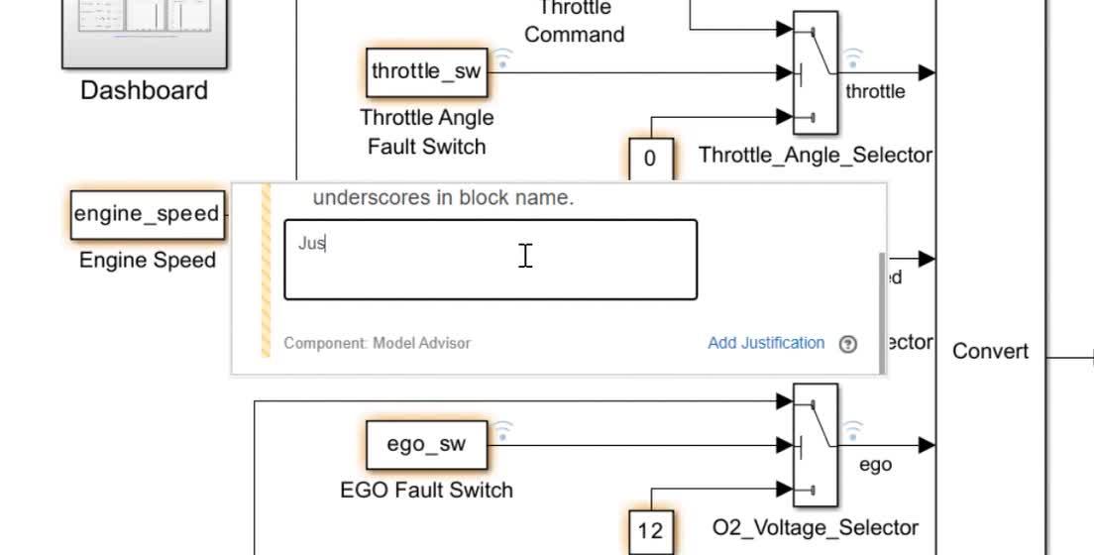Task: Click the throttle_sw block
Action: tap(426, 71)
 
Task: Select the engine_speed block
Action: tap(148, 215)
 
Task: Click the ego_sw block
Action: tap(426, 444)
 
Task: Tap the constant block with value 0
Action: tap(650, 159)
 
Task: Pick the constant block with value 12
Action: tap(650, 530)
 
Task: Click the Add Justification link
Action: tap(765, 343)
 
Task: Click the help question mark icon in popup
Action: tap(847, 344)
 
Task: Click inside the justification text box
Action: tap(491, 260)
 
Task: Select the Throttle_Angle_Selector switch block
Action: tap(816, 72)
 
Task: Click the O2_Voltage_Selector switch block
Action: tap(816, 445)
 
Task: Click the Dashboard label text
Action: tap(144, 90)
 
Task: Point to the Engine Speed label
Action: tap(148, 261)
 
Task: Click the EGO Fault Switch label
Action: tap(426, 490)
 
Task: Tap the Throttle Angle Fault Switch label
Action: tap(426, 132)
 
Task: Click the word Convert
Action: tap(990, 352)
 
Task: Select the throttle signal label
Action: tap(875, 91)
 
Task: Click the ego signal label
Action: tap(875, 465)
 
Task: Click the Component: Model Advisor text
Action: tap(377, 343)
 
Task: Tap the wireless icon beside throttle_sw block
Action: tap(503, 58)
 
